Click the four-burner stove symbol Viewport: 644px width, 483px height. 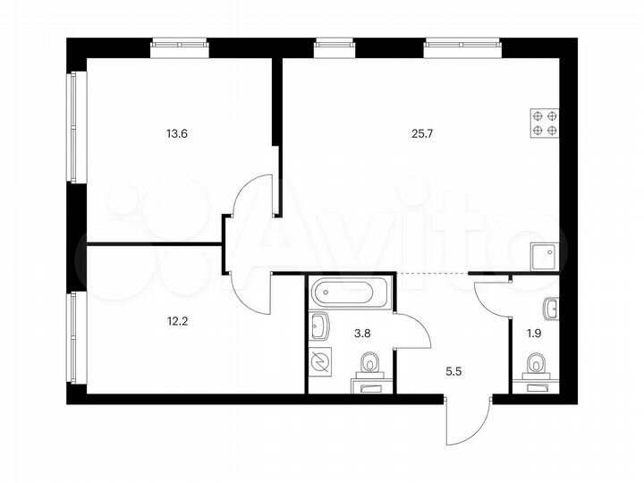coord(545,123)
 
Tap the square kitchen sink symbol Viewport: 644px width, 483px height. coord(544,258)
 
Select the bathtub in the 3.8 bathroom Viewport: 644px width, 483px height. coord(349,292)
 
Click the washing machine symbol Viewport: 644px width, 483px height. coord(320,362)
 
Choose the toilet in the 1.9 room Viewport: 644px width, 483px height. coord(536,365)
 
